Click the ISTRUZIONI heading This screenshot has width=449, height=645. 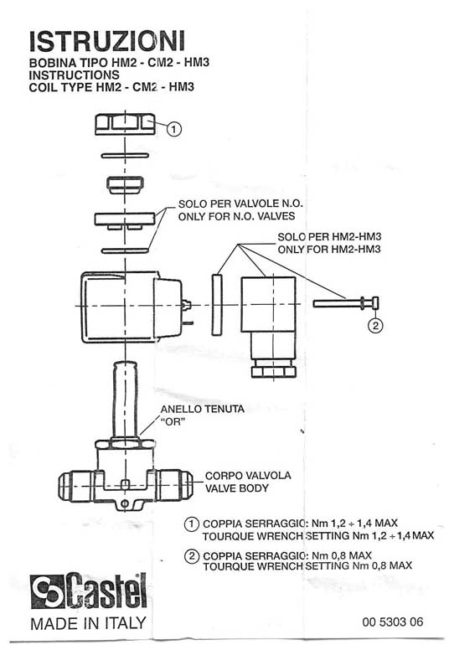pyautogui.click(x=107, y=41)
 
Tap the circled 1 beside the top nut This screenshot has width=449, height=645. pyautogui.click(x=173, y=129)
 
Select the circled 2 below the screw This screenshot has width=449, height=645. pyautogui.click(x=375, y=325)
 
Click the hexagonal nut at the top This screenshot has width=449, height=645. pyautogui.click(x=125, y=124)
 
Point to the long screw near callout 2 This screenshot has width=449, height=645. pyautogui.click(x=345, y=303)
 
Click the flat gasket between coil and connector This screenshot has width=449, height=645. pyautogui.click(x=217, y=304)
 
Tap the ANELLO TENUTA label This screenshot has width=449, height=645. pyautogui.click(x=202, y=409)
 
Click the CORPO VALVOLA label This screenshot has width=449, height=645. pyautogui.click(x=248, y=476)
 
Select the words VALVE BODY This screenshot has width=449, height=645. pyautogui.click(x=236, y=488)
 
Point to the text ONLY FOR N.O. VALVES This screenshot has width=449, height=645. pyautogui.click(x=236, y=216)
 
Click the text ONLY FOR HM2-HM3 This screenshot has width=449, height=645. pyautogui.click(x=329, y=249)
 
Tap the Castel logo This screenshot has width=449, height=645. pyautogui.click(x=89, y=591)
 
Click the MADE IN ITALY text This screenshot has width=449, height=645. pyautogui.click(x=88, y=623)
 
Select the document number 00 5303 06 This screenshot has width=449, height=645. pyautogui.click(x=393, y=622)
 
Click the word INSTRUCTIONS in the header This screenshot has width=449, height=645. pyautogui.click(x=74, y=75)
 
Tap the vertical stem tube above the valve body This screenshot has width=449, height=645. pyautogui.click(x=125, y=399)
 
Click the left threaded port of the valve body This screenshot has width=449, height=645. pyautogui.click(x=77, y=486)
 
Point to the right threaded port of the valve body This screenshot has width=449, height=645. pyautogui.click(x=174, y=486)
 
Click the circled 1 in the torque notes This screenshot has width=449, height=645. pyautogui.click(x=191, y=524)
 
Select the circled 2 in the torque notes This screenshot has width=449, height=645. pyautogui.click(x=191, y=556)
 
